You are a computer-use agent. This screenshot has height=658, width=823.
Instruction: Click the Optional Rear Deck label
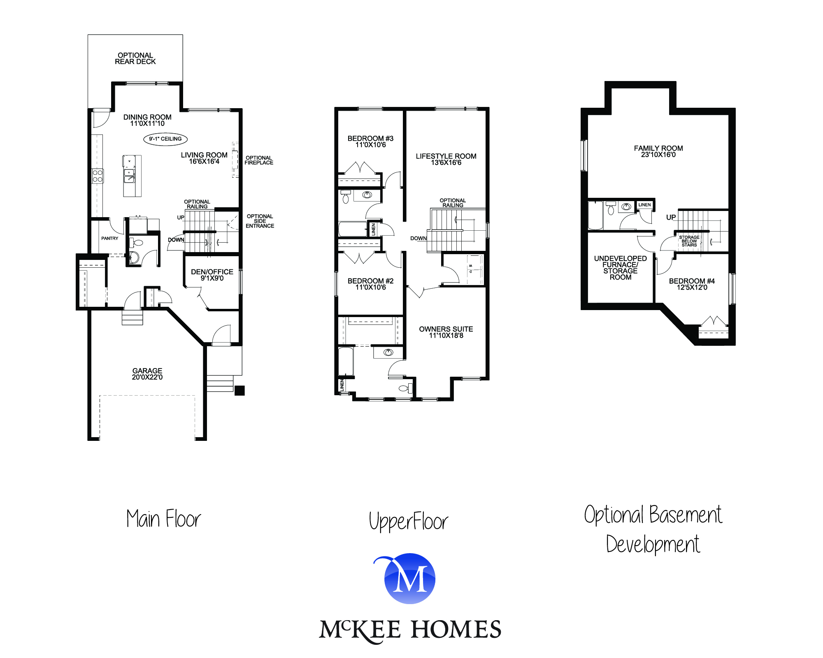point(135,58)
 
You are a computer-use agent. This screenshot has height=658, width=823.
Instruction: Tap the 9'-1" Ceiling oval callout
point(165,139)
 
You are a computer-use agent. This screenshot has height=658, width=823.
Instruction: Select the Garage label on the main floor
point(147,374)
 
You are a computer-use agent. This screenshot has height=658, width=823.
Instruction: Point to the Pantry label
point(109,239)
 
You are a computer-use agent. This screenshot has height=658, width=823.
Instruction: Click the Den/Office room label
point(212,275)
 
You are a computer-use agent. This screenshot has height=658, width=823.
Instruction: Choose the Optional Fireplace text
point(259,160)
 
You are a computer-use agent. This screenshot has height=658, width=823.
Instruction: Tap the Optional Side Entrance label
point(260,221)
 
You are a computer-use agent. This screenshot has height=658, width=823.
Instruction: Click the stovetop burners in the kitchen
point(98,176)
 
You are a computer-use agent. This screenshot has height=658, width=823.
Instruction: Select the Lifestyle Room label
point(446,159)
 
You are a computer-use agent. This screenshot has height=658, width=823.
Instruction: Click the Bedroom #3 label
point(370,141)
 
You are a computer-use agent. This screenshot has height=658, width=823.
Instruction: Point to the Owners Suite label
point(446,332)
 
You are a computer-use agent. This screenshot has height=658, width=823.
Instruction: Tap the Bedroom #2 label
point(370,284)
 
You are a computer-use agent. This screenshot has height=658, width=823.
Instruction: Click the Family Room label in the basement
point(658,151)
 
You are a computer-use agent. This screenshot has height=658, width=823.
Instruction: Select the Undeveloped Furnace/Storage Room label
point(620,268)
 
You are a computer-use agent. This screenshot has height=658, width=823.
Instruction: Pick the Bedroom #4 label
point(692,284)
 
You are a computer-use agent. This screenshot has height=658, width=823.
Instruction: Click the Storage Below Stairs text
point(689,241)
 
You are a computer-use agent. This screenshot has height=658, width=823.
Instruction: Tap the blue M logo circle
point(410,579)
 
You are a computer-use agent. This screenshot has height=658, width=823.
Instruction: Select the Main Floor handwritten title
point(164,519)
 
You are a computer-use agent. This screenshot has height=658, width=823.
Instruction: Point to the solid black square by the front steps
point(239,390)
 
